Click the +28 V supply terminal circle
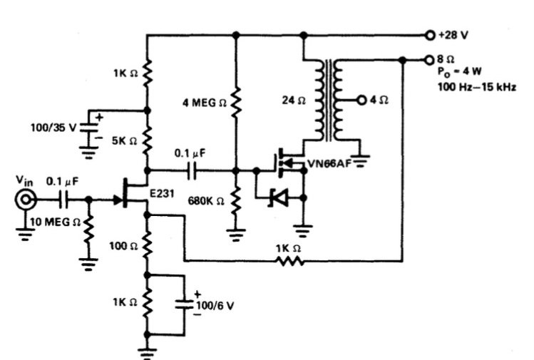pyautogui.click(x=429, y=34)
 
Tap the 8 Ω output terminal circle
pyautogui.click(x=429, y=60)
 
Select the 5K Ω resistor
pyautogui.click(x=148, y=140)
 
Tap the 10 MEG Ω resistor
pyautogui.click(x=89, y=230)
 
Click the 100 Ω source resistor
pyautogui.click(x=148, y=245)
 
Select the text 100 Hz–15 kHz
pyautogui.click(x=477, y=87)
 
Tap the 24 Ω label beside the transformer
pyautogui.click(x=293, y=101)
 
